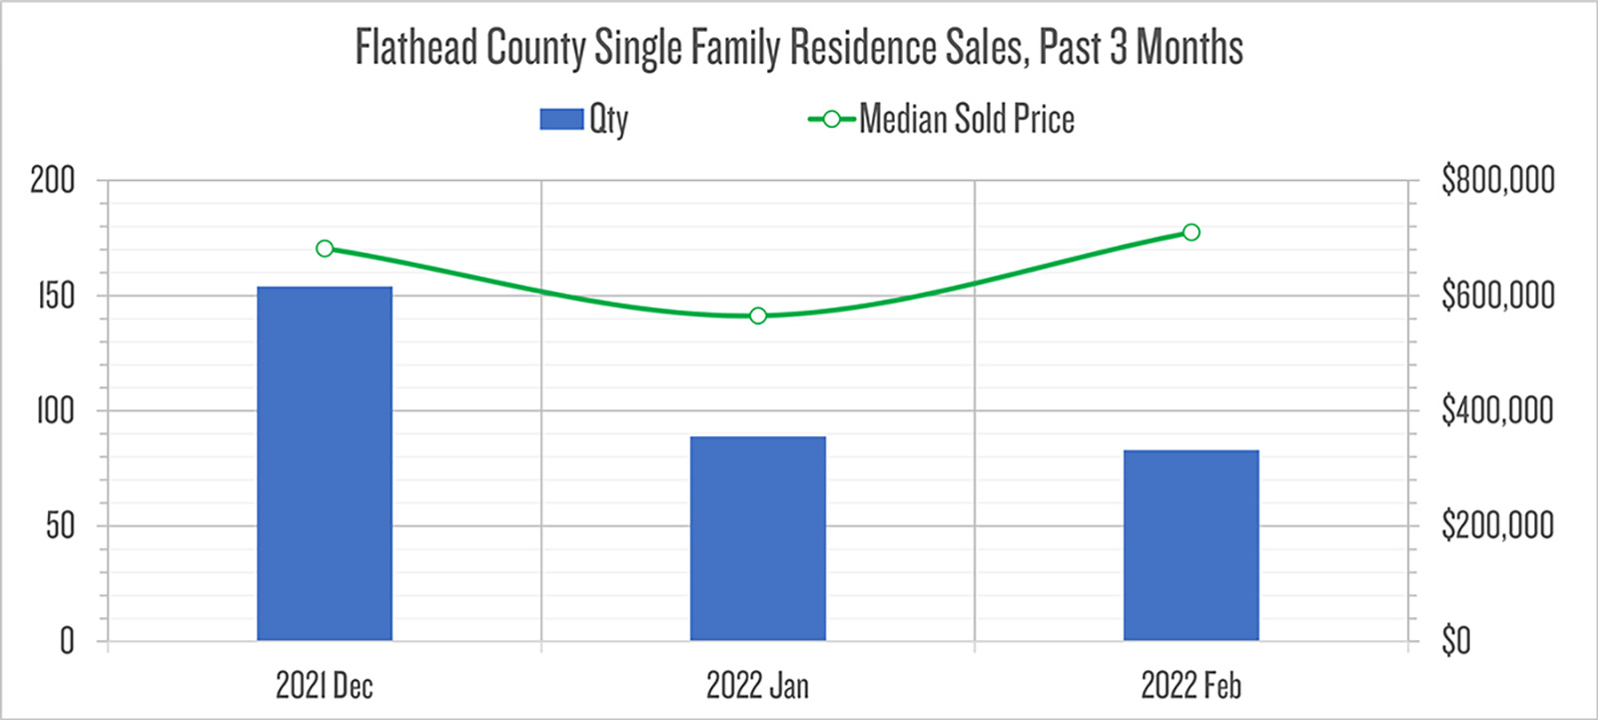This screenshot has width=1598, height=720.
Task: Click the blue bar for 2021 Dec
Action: (x=325, y=463)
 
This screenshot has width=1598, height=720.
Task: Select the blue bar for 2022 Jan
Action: (x=758, y=538)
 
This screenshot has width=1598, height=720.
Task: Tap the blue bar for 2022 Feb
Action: (x=1191, y=545)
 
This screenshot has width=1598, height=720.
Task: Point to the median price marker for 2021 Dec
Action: (x=325, y=249)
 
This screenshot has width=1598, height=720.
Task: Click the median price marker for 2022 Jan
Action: (x=758, y=316)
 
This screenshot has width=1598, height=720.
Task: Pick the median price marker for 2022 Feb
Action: (x=1191, y=233)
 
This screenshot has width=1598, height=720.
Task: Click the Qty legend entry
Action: (x=584, y=120)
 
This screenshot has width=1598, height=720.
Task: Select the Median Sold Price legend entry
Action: (x=942, y=120)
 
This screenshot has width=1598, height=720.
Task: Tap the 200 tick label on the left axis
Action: (x=52, y=181)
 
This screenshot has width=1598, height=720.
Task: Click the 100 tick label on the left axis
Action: (x=55, y=410)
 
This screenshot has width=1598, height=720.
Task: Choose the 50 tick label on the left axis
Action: (x=60, y=525)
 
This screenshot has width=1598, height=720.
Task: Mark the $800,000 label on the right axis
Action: (x=1497, y=181)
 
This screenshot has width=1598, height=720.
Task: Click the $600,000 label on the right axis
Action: (x=1497, y=296)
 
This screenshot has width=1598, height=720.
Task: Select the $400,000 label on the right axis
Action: (x=1497, y=410)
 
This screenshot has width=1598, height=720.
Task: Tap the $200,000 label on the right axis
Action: (x=1497, y=525)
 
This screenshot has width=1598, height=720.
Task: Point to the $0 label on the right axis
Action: (x=1456, y=640)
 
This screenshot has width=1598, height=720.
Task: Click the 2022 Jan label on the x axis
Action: (x=758, y=686)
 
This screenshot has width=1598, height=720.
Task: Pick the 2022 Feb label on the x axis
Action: (x=1191, y=686)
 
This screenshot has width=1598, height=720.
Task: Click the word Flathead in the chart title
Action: (x=416, y=48)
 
